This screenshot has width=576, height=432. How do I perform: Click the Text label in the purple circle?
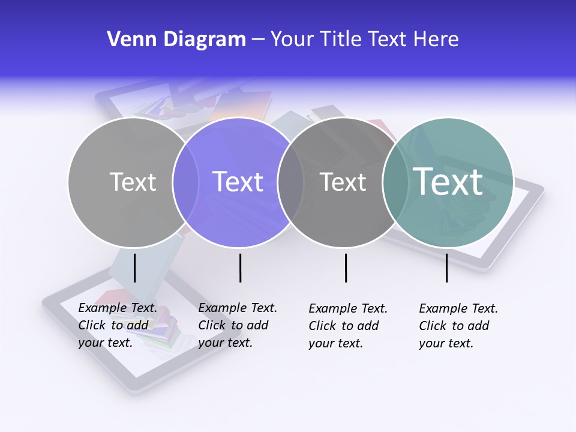click(238, 182)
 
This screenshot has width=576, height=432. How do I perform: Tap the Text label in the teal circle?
click(448, 181)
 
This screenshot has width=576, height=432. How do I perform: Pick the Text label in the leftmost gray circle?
click(133, 182)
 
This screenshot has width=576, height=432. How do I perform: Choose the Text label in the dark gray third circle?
click(343, 182)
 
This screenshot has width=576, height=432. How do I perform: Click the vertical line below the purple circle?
click(240, 268)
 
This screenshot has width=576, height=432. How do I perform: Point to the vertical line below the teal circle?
click(446, 268)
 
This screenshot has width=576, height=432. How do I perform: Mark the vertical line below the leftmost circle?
click(134, 268)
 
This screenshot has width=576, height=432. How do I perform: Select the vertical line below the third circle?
click(346, 268)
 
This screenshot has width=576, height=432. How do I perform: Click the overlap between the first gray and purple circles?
click(185, 182)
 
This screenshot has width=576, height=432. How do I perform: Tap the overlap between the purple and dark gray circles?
click(290, 182)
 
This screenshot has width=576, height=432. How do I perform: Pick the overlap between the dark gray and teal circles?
click(394, 182)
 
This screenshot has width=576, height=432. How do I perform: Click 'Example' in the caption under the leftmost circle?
click(103, 308)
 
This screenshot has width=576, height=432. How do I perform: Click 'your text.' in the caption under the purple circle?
click(225, 343)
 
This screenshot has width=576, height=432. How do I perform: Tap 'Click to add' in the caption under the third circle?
click(343, 326)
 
